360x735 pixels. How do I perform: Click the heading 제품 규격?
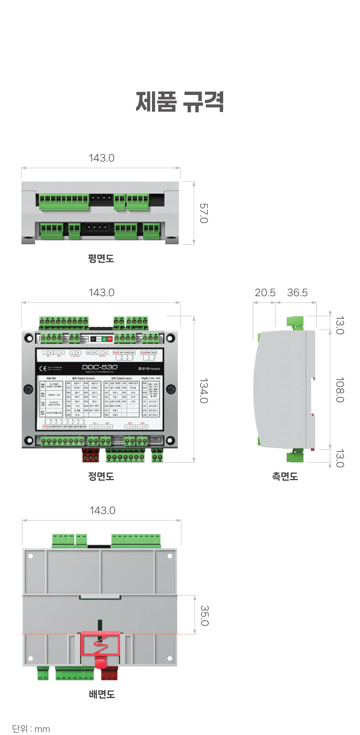pos(180,102)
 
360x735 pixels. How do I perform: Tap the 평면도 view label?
pos(101,258)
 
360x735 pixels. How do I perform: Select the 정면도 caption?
pos(101,476)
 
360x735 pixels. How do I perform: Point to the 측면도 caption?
pos(285,476)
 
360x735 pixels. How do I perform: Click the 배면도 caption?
pos(102,694)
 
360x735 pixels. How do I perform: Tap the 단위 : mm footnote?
pos(31,729)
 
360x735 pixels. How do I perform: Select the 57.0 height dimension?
pos(204,213)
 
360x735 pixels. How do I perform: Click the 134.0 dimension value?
pos(204,391)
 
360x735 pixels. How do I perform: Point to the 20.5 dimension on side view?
pos(265,293)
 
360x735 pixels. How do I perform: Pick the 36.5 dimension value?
pos(297,293)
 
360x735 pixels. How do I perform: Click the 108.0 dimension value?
pos(340,390)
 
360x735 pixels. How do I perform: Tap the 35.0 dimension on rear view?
pos(205,615)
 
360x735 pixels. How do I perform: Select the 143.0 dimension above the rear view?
pos(102,510)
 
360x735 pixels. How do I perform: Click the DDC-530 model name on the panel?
pos(100,367)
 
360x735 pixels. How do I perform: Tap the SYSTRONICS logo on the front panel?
pos(149,369)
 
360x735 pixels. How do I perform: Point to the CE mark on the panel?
pos(43,369)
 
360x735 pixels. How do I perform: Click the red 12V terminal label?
pos(110,339)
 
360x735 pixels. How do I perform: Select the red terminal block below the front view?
pos(90,455)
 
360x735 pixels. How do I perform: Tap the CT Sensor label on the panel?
pos(75,356)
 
